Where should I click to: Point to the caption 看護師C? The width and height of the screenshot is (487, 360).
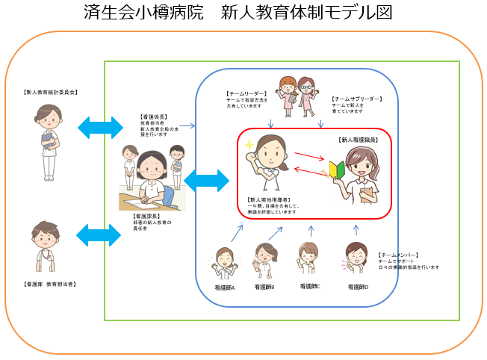(309, 285)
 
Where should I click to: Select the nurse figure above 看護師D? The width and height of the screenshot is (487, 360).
(356, 261)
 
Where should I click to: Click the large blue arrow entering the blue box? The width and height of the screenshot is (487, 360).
(205, 180)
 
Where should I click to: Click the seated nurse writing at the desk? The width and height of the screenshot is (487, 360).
(151, 176)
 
